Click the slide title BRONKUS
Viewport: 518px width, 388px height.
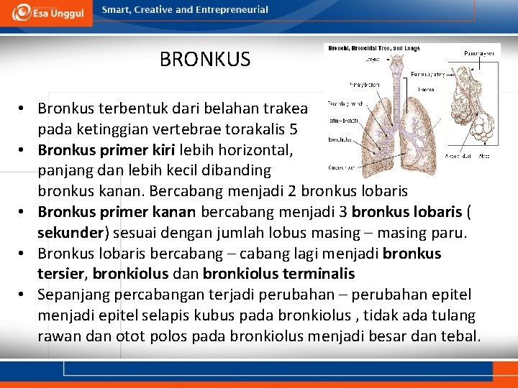pos(205,59)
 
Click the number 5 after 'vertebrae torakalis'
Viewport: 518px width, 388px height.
pos(294,130)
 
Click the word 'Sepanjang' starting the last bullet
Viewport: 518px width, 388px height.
pos(72,295)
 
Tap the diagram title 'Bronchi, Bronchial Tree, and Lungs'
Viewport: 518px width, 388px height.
pos(374,48)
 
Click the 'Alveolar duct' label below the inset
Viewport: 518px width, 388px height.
pos(458,155)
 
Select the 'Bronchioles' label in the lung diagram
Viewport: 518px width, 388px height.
pos(339,139)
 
